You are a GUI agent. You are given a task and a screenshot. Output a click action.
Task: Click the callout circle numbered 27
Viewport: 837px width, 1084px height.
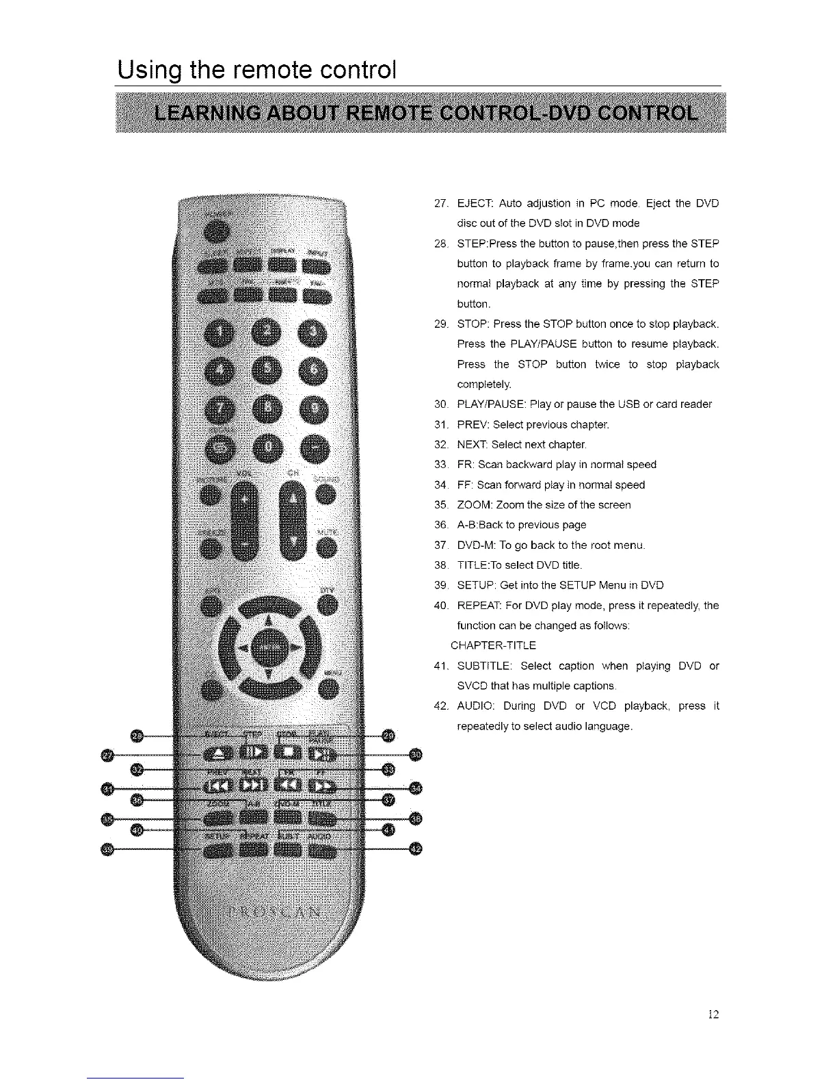click(x=107, y=755)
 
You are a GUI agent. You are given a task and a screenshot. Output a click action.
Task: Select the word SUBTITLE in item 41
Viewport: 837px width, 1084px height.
click(x=484, y=666)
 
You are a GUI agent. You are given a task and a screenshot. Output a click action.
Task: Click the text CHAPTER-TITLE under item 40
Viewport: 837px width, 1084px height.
click(x=493, y=645)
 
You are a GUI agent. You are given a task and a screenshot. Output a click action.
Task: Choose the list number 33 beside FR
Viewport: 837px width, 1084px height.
click(x=440, y=465)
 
